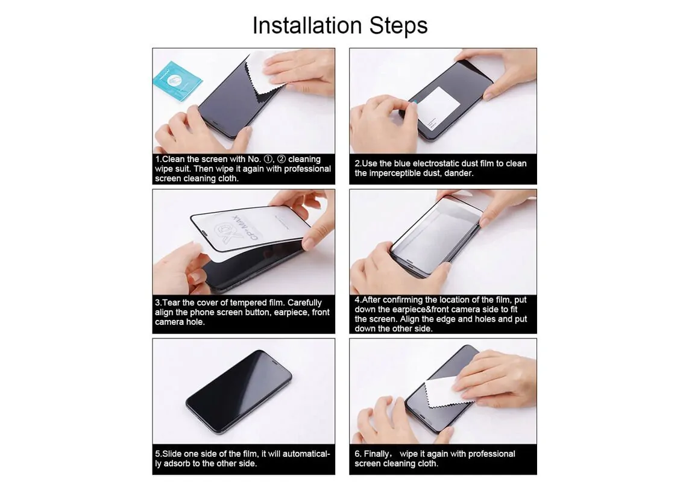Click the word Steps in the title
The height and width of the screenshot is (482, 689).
pos(398,25)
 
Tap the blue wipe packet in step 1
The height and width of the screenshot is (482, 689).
pos(177,82)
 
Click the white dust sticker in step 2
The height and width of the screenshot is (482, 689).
pos(438,108)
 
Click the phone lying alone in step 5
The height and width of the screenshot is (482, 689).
pos(239,392)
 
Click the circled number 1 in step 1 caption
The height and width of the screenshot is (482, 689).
pos(268,159)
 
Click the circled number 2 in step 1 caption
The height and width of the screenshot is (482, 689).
pos(282,159)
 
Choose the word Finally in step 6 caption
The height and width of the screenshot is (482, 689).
pos(377,454)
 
